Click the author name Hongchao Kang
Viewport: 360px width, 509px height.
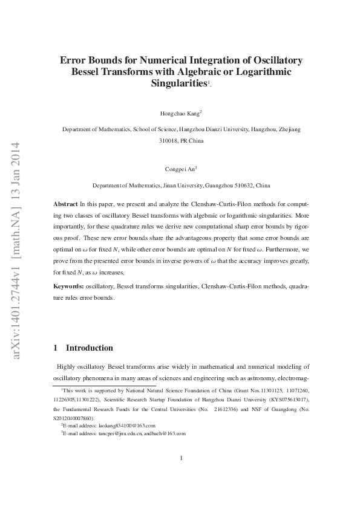(x=180, y=113)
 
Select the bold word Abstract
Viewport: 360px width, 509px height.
(x=65, y=205)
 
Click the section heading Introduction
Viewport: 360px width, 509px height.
(x=89, y=348)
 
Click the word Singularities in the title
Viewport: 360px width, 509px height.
(x=178, y=83)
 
